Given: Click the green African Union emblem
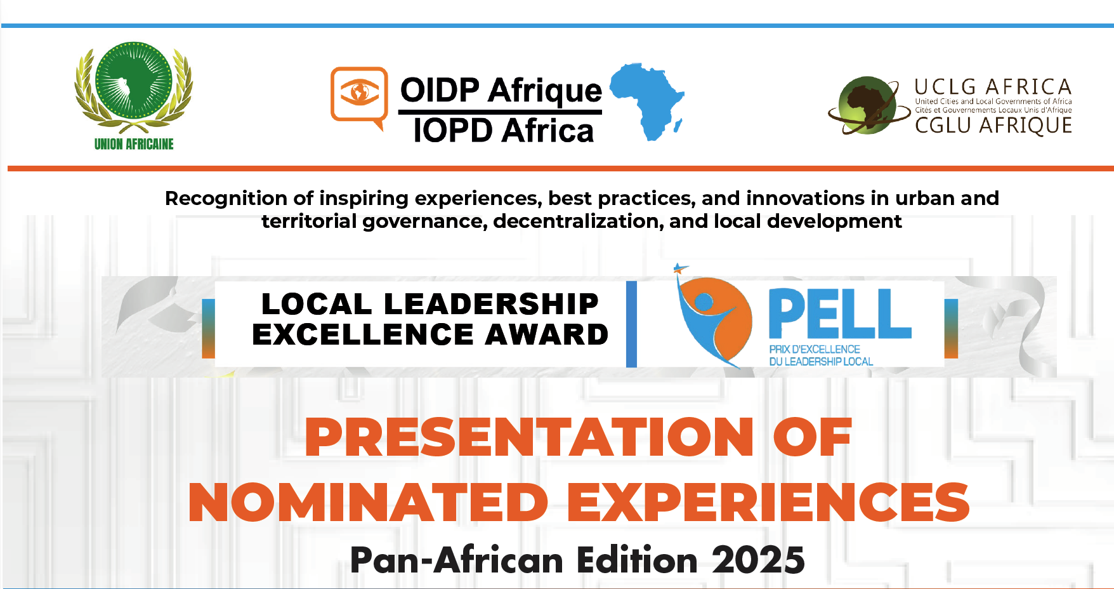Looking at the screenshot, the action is coord(134,83).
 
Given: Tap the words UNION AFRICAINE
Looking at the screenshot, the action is coord(134,144).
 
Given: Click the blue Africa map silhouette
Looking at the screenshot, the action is coord(647,101).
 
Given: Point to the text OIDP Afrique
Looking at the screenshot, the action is coord(501,91).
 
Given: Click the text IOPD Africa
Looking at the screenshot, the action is coord(503,131).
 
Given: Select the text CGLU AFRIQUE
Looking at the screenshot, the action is coord(993,126).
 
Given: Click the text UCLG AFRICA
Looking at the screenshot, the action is coord(993,87).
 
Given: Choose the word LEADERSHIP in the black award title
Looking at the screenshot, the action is coord(491,303).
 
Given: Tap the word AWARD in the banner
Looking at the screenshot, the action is coord(547,334).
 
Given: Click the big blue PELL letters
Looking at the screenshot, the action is coord(840,314).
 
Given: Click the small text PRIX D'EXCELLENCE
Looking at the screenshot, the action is coord(815,349).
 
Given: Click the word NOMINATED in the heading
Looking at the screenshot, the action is coord(369,502).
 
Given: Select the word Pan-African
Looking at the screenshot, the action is coord(457,560).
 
